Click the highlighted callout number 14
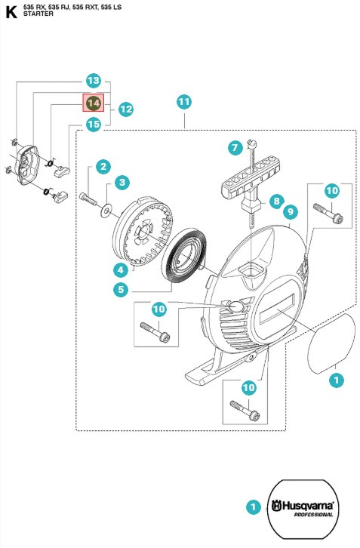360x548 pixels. [94, 103]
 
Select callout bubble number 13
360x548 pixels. [94, 81]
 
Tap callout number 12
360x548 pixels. [126, 109]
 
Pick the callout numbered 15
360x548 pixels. [94, 125]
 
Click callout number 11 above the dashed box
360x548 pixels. [184, 102]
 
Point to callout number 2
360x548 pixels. [103, 166]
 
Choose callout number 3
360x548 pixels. [122, 182]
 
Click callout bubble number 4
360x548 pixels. [121, 269]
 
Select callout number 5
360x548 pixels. [121, 289]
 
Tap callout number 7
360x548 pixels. [235, 147]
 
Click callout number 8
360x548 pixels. [276, 201]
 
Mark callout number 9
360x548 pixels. [291, 212]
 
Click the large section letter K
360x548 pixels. [11, 12]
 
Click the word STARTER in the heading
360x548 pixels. [38, 14]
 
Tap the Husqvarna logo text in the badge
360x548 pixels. [303, 506]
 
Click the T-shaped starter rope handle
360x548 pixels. [251, 186]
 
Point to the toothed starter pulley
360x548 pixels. [143, 232]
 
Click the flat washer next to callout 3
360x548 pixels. [106, 211]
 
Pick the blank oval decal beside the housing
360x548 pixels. [331, 343]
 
